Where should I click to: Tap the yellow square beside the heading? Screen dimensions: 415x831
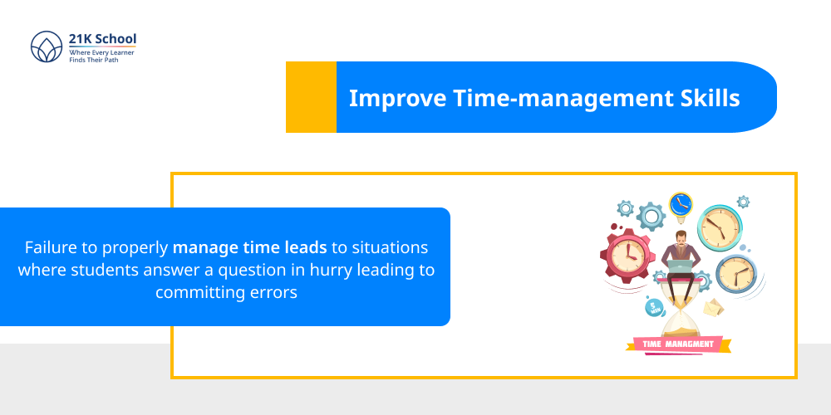click(311, 97)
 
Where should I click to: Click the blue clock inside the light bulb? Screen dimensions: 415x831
click(681, 203)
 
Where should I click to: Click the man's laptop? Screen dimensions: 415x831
click(681, 266)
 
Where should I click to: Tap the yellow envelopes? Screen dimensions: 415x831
click(713, 309)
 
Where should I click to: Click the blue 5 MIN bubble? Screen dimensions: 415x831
click(654, 307)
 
